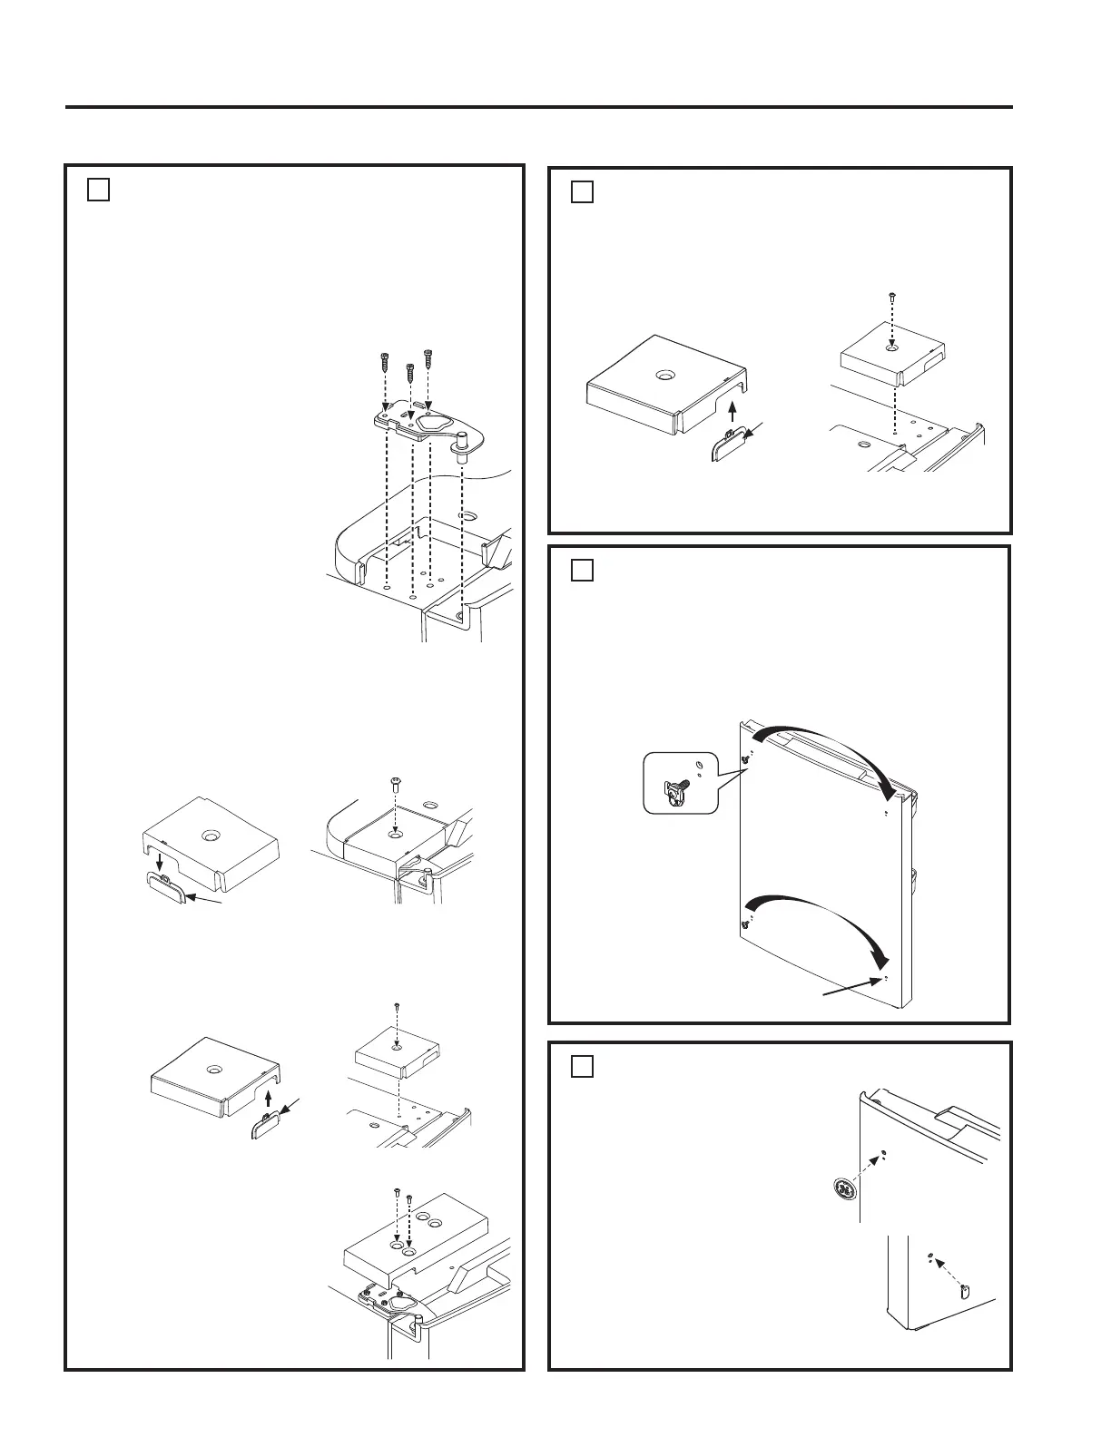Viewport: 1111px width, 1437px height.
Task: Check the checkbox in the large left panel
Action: point(99,190)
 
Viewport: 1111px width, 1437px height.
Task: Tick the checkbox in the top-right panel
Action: point(583,192)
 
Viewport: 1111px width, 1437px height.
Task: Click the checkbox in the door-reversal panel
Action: point(583,571)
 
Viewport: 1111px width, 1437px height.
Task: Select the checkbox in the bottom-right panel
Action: point(583,1066)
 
